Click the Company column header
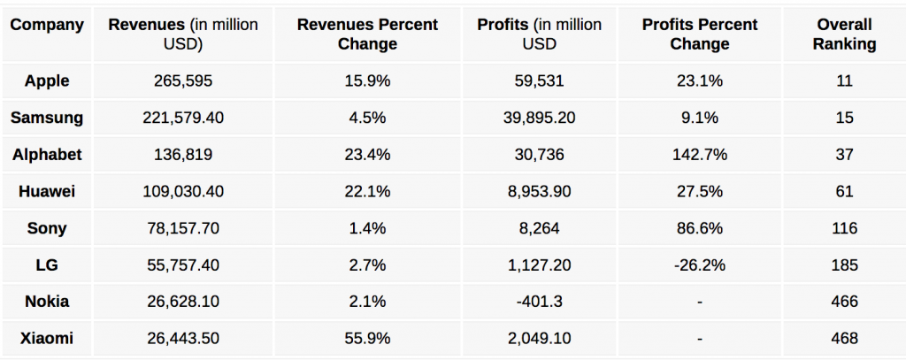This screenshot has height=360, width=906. click(x=46, y=25)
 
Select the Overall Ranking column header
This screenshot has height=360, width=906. click(x=844, y=34)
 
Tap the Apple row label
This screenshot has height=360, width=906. click(x=47, y=81)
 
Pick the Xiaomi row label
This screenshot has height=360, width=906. click(x=47, y=338)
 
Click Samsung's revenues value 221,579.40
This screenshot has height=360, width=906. click(x=183, y=118)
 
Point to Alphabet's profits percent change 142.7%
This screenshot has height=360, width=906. click(x=699, y=155)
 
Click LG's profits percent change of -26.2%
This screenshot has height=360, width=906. click(x=699, y=264)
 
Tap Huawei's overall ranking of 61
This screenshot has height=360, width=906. click(x=844, y=191)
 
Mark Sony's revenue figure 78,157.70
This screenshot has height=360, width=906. click(x=183, y=228)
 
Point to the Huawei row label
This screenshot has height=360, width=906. click(x=47, y=191)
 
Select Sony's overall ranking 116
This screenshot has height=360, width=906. click(x=844, y=228)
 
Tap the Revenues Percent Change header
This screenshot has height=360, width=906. click(x=368, y=34)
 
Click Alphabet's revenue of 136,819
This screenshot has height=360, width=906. click(x=183, y=155)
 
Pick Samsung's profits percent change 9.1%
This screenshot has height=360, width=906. click(x=699, y=118)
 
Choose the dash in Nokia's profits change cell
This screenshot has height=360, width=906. click(x=699, y=302)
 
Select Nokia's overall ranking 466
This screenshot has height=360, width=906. click(x=844, y=302)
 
